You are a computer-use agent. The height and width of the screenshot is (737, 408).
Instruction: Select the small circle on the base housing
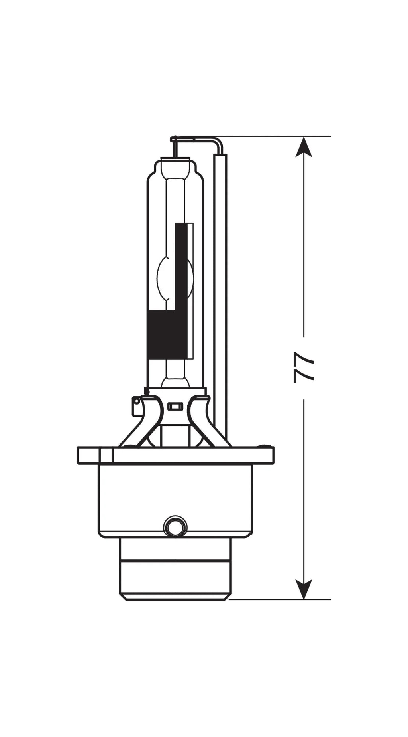(175, 528)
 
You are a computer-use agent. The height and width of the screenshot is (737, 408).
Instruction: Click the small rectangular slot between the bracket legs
(175, 407)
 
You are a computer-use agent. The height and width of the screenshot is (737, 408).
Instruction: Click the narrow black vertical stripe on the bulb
(181, 263)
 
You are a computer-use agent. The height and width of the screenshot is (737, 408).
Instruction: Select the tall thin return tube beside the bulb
(220, 279)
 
